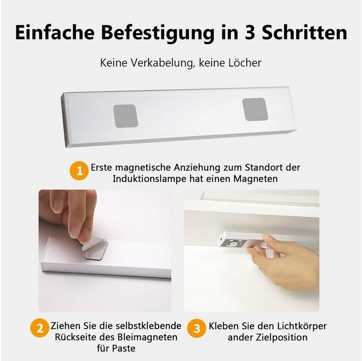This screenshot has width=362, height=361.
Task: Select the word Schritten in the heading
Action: click(x=305, y=32)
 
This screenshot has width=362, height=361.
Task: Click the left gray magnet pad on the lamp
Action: click(x=126, y=116)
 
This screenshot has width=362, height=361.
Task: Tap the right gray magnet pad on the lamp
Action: click(x=255, y=109)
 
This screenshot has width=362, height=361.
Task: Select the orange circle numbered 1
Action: click(x=79, y=171)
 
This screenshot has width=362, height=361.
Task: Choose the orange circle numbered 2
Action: click(x=39, y=328)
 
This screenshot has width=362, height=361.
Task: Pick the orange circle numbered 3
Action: click(x=197, y=328)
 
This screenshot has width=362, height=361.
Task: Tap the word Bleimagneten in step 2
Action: click(x=147, y=337)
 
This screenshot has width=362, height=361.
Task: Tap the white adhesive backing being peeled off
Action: click(x=92, y=244)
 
